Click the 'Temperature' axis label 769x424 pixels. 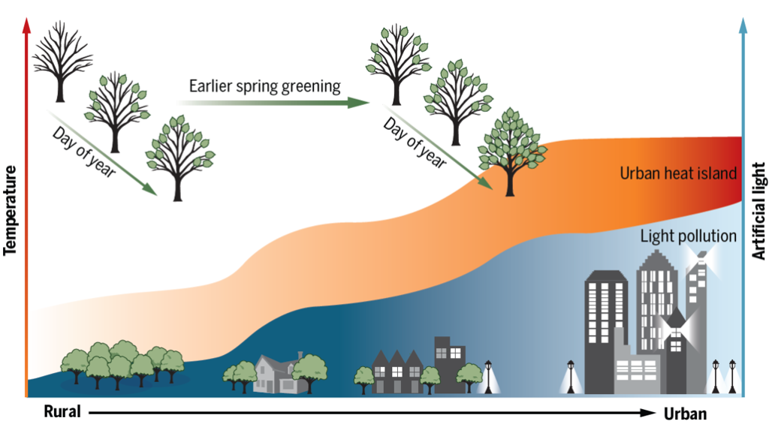click(11, 211)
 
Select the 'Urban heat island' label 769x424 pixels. click(676, 173)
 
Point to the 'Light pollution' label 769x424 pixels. click(688, 236)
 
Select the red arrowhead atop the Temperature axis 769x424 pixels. click(27, 23)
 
